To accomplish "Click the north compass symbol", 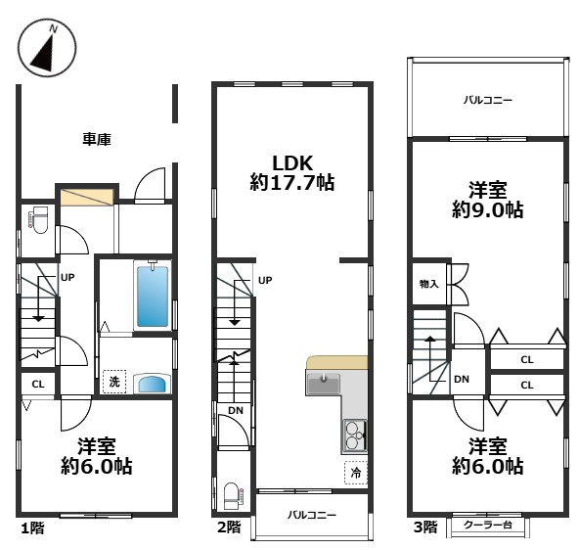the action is click(x=47, y=48).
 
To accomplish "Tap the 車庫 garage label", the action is click(x=97, y=139).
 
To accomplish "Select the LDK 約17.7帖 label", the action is click(x=292, y=172).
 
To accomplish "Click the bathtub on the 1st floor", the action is click(x=153, y=296).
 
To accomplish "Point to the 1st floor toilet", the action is click(x=39, y=220).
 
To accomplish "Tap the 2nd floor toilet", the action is click(x=233, y=496).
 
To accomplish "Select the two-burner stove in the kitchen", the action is click(x=354, y=435).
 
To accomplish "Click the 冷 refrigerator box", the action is click(x=356, y=473).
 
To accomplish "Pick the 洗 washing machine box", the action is click(x=114, y=382).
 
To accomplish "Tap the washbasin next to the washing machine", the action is click(x=153, y=384).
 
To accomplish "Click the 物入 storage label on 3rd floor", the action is click(x=428, y=284).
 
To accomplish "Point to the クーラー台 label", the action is click(x=487, y=525).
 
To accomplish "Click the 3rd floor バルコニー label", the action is click(x=488, y=100).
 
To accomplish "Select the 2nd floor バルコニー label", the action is click(x=312, y=515).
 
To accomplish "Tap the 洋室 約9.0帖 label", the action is click(x=487, y=200).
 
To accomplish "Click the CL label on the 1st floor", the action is click(x=38, y=385).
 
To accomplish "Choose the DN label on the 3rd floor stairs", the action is click(x=462, y=379).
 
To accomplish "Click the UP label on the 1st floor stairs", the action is click(x=67, y=277).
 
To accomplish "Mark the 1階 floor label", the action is click(x=32, y=528).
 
